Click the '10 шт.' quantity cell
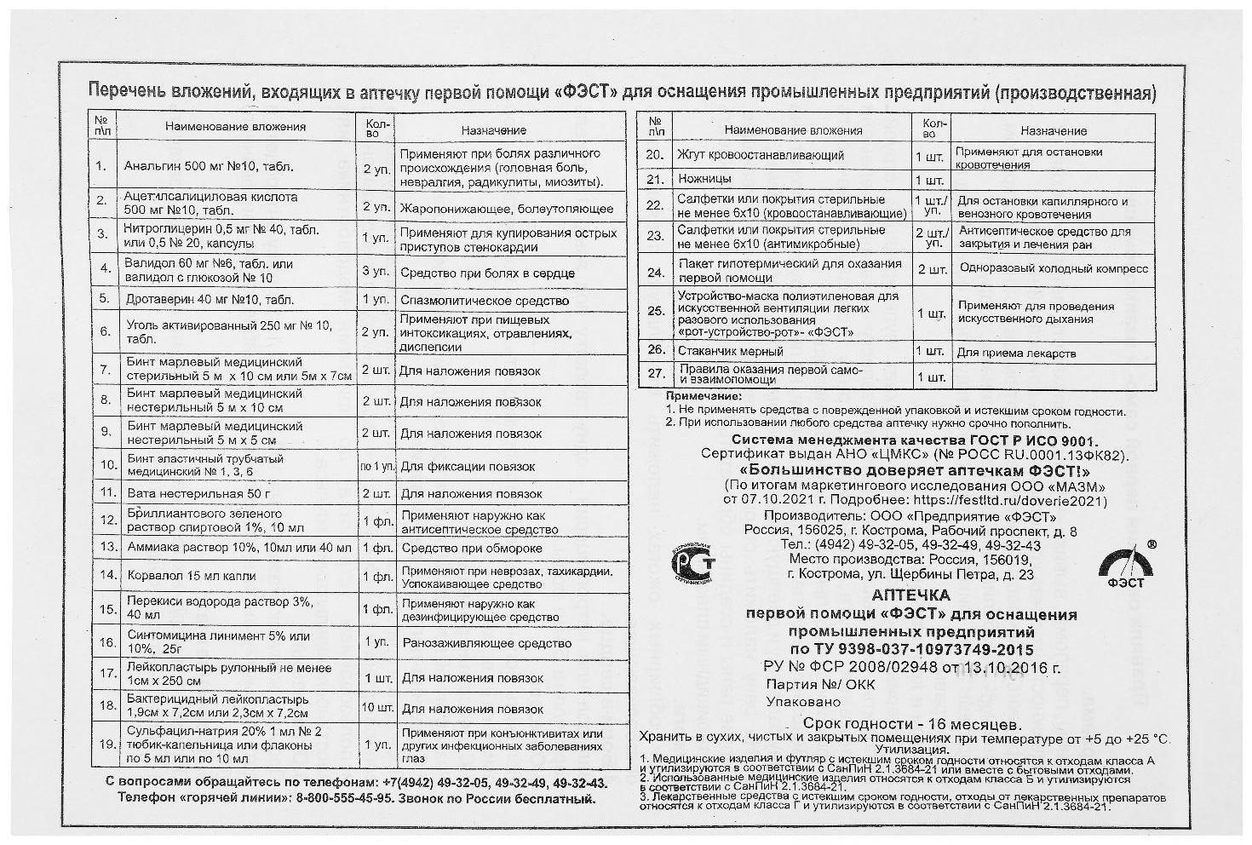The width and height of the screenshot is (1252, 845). point(376,708)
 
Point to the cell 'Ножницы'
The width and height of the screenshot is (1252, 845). point(704,180)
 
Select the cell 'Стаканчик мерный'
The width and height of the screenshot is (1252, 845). point(730,351)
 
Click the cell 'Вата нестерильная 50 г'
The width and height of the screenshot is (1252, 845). point(198,493)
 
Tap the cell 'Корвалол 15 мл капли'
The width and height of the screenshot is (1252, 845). point(191,576)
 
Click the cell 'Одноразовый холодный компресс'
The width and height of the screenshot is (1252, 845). point(1053,269)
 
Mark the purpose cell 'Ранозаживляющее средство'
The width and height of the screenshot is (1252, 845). point(486,643)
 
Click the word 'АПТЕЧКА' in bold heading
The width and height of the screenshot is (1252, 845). point(911,595)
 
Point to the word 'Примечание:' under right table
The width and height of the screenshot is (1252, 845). point(704,396)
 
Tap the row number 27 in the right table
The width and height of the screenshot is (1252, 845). point(655,374)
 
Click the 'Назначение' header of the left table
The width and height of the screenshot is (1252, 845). point(493,130)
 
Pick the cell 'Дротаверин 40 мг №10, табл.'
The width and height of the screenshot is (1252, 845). point(210,300)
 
